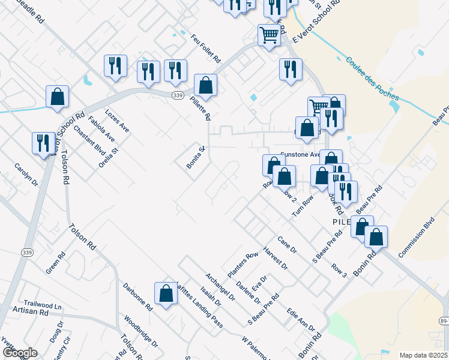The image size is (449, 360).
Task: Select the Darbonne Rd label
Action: click(138, 296)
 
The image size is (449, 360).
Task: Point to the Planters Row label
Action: click(242, 264)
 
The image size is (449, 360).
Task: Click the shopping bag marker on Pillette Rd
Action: click(205, 85)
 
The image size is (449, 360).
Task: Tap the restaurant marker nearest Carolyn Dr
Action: click(43, 143)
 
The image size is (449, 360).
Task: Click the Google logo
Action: click(19, 353)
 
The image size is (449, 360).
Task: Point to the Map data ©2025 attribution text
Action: click(423, 355)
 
